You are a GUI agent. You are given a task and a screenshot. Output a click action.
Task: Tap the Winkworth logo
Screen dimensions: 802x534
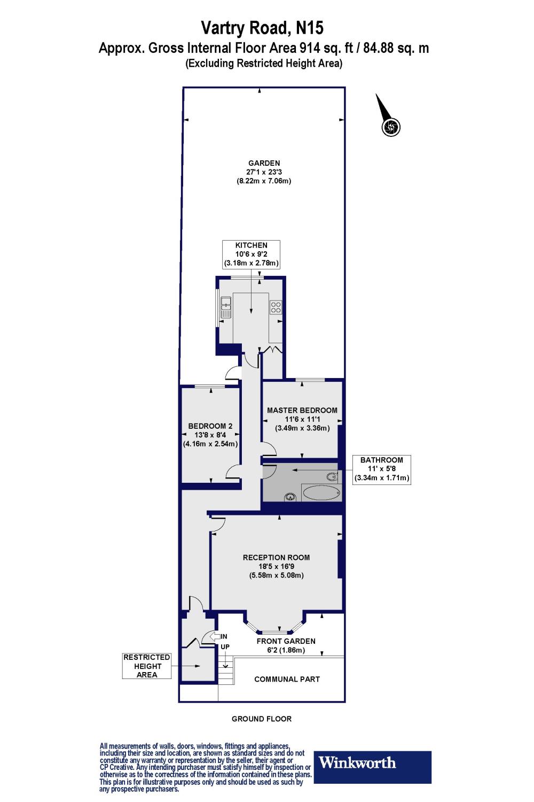(372, 767)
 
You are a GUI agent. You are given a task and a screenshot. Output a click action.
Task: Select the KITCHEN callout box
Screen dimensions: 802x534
(252, 255)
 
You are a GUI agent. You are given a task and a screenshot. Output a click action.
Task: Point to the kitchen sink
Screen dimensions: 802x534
(225, 307)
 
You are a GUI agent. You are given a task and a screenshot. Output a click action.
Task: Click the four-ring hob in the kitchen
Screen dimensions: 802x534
(276, 307)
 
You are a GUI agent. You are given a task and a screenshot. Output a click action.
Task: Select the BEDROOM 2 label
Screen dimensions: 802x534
(210, 435)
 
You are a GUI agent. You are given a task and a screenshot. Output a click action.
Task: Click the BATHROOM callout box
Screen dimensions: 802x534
(382, 469)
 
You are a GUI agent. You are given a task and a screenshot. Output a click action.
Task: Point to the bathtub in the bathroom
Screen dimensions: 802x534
(320, 493)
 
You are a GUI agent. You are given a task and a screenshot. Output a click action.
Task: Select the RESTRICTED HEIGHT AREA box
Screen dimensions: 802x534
(147, 666)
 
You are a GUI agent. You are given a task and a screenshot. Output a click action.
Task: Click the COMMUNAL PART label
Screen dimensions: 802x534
(287, 679)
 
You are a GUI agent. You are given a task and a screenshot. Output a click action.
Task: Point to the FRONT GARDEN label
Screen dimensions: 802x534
(286, 645)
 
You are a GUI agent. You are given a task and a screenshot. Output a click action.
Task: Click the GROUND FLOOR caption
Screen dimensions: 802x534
(262, 719)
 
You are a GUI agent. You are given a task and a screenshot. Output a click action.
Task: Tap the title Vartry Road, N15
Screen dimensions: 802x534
(262, 28)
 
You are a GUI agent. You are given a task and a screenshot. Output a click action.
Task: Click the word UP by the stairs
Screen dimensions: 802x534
(225, 646)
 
